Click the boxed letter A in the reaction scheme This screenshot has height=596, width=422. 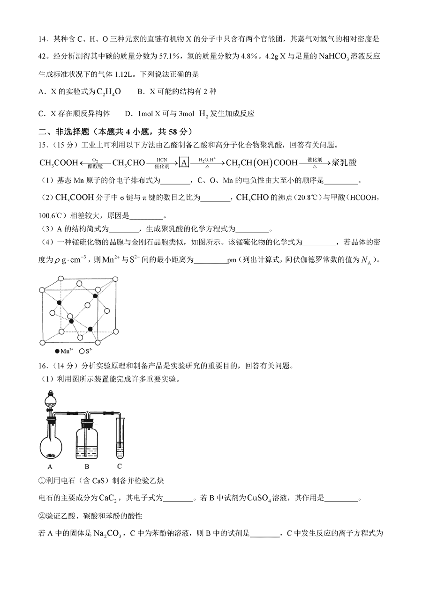[184, 163]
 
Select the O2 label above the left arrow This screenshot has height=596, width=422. [95, 159]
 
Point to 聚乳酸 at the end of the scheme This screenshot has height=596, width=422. [344, 163]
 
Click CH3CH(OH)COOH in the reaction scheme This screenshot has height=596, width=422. [262, 163]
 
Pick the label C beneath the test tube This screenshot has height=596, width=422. [119, 466]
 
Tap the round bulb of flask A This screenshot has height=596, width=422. [51, 447]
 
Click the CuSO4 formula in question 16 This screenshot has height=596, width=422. [262, 498]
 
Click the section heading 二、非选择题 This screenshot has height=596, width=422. [62, 132]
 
